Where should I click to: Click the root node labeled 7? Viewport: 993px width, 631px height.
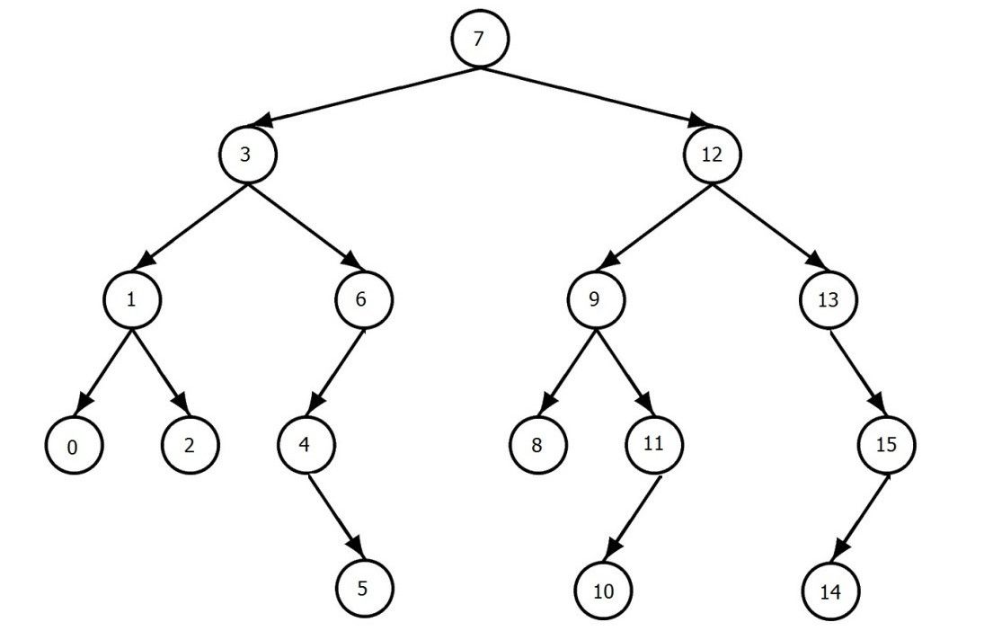[x=479, y=40]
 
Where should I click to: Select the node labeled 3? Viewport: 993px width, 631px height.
[x=246, y=154]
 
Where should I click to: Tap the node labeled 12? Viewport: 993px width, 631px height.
[x=712, y=154]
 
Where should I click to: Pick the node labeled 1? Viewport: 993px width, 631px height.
[x=131, y=299]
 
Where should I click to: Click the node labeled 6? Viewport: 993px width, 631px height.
[x=363, y=299]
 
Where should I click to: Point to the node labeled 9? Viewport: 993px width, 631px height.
[x=595, y=299]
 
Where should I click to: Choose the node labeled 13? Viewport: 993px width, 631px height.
[x=828, y=299]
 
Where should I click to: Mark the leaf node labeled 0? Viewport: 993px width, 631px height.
[x=73, y=445]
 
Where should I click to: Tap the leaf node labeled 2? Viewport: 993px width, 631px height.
[x=190, y=445]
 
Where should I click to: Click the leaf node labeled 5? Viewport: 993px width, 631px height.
[x=363, y=589]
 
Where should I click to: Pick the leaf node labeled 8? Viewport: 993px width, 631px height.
[x=537, y=445]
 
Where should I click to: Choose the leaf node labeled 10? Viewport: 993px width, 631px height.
[x=603, y=592]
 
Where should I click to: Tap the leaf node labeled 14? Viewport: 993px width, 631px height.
[x=829, y=592]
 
